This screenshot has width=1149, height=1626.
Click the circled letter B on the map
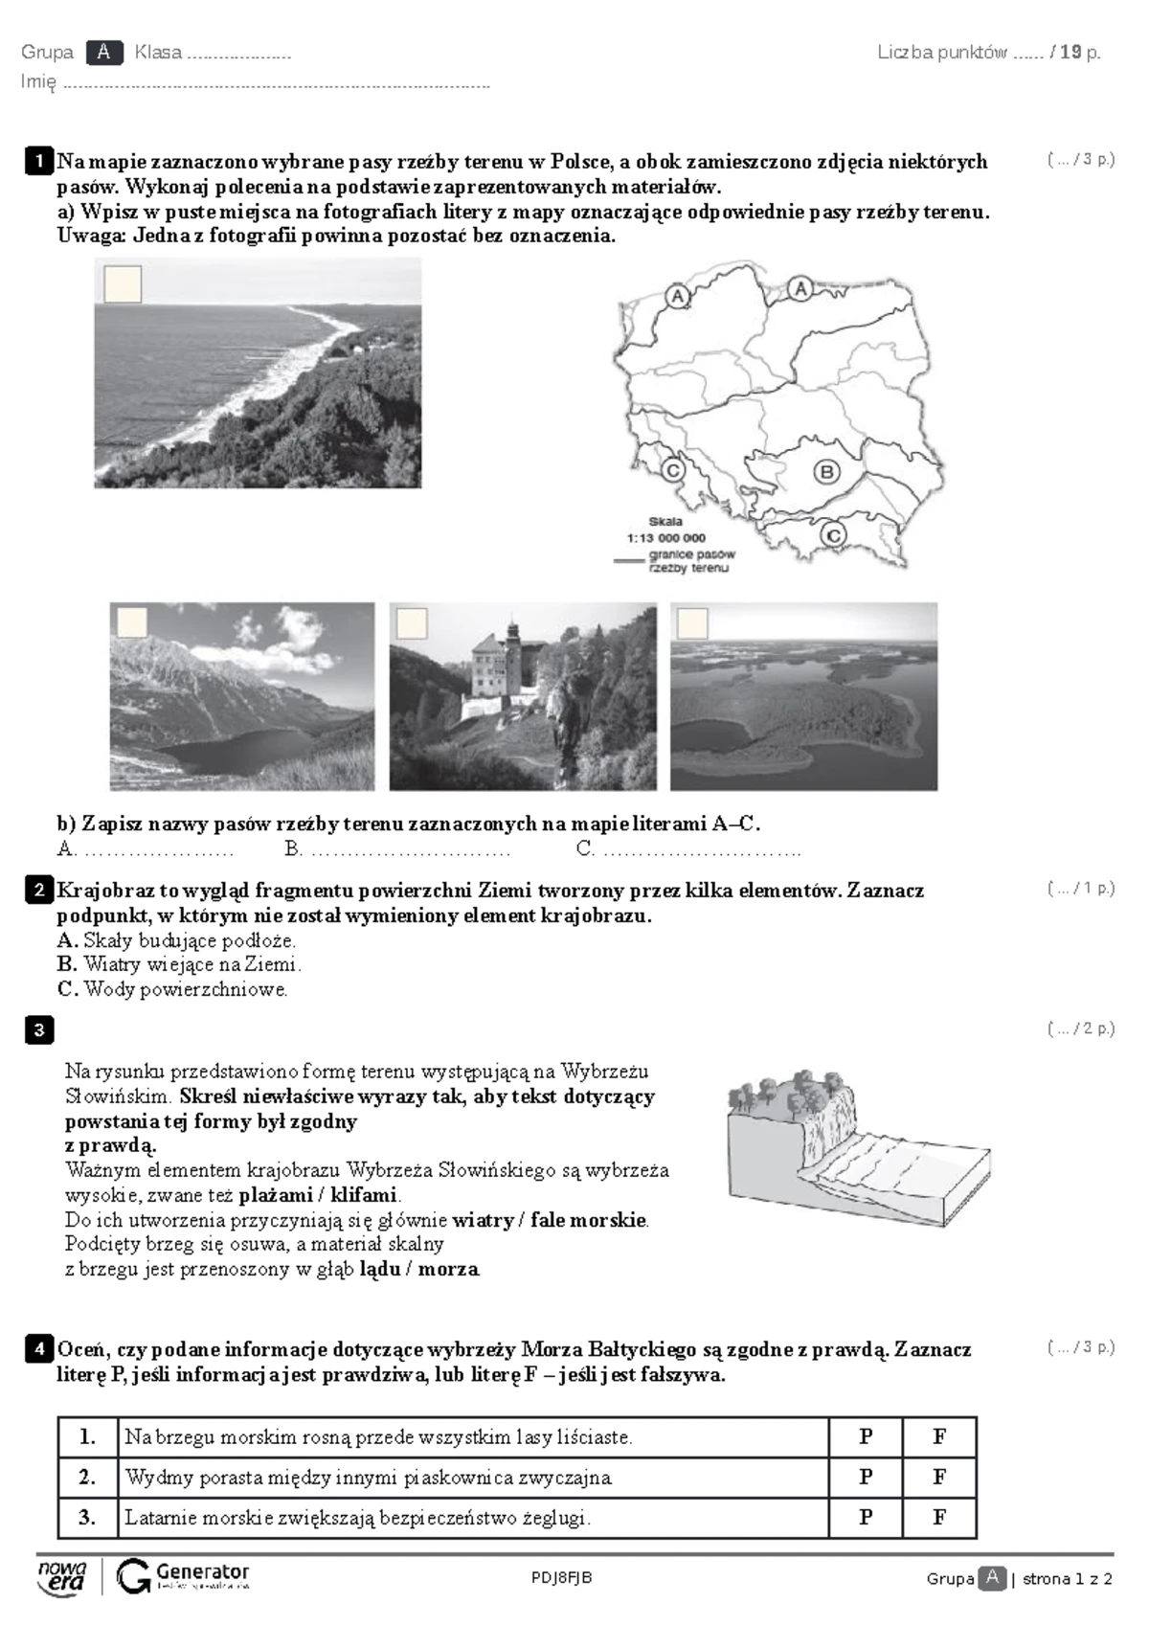click(825, 471)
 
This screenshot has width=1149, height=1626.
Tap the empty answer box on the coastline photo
click(123, 284)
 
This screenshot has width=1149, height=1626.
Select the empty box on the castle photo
click(412, 623)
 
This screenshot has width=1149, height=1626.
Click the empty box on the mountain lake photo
click(132, 622)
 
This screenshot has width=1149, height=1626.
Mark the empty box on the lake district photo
click(692, 623)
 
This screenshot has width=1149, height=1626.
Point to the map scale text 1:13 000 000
click(666, 538)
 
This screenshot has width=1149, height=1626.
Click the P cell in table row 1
click(866, 1436)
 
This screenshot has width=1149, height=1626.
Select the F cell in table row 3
click(938, 1517)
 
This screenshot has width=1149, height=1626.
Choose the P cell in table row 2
click(866, 1477)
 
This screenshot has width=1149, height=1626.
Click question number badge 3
click(38, 1030)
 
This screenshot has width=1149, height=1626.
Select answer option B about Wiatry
click(178, 964)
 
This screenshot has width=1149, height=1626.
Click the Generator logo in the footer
click(183, 1576)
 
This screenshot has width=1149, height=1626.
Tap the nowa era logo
click(61, 1576)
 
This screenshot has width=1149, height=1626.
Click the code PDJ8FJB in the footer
click(561, 1578)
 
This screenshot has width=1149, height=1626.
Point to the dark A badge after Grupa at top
click(103, 53)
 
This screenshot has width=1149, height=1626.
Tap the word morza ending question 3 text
click(447, 1270)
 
